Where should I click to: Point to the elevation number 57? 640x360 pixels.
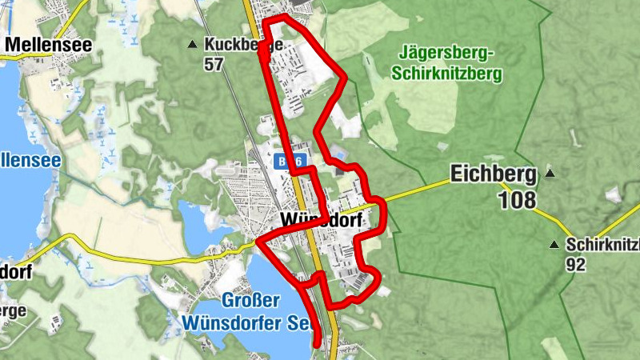click(x=213, y=65)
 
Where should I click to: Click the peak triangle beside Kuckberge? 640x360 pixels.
click(x=192, y=44)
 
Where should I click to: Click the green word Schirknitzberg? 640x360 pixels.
click(x=444, y=74)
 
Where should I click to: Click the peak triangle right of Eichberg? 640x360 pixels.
click(x=550, y=172)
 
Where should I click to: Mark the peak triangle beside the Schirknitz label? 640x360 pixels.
click(x=554, y=244)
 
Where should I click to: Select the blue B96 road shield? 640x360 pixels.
click(x=291, y=162)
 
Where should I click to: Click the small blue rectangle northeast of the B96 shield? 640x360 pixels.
click(x=339, y=154)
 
